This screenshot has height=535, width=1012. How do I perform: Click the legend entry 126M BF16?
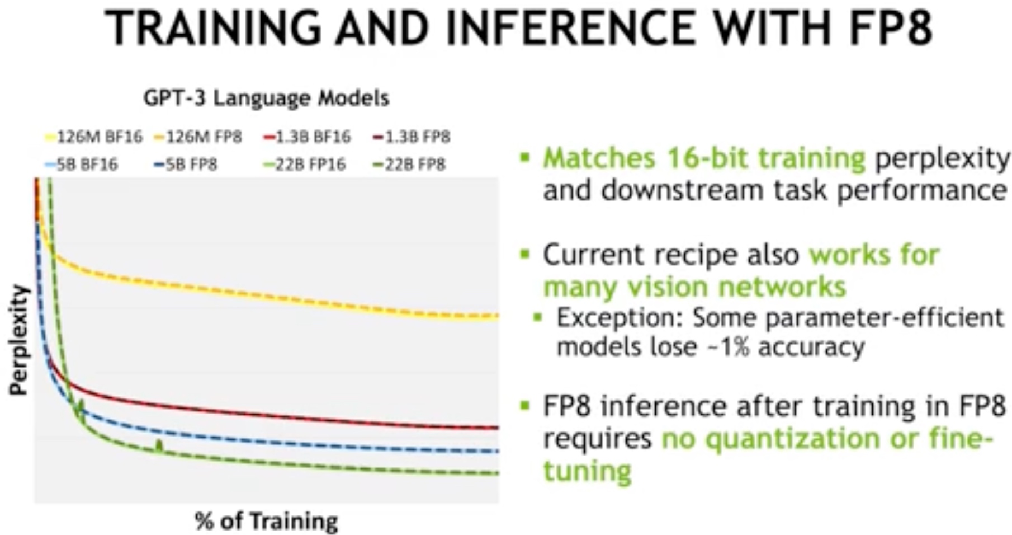94,137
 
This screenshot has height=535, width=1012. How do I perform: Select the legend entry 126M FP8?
198,137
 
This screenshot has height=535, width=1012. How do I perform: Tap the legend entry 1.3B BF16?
307,137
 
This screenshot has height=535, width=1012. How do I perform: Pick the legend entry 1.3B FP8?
412,137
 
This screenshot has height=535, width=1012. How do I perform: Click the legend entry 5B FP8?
186,165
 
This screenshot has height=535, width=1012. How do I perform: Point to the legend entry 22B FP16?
305,165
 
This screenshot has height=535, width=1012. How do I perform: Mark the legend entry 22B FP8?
409,165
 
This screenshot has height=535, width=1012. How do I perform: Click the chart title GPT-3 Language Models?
266,98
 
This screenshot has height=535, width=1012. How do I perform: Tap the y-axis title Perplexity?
19,340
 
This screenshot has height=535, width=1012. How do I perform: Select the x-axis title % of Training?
267,521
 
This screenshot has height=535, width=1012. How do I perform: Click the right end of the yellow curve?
498,316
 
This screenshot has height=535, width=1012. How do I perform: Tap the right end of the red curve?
498,428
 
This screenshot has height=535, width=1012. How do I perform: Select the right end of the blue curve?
498,450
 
